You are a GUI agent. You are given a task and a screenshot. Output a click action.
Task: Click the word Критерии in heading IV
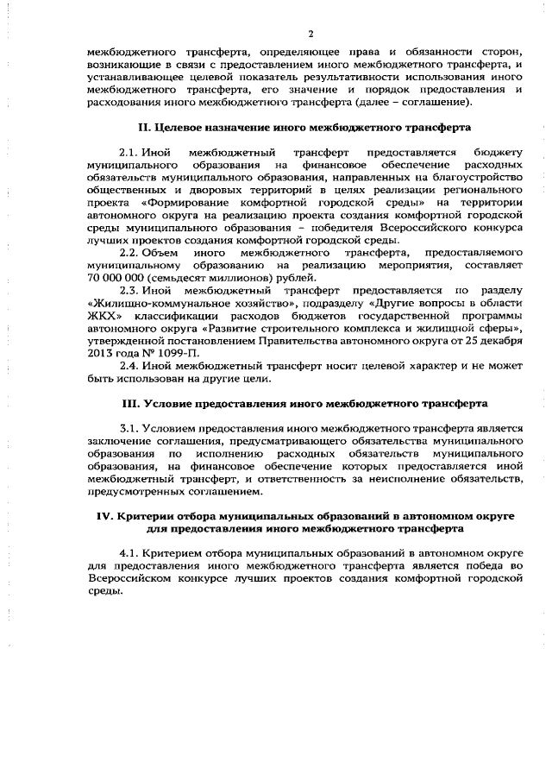tap(142, 515)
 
